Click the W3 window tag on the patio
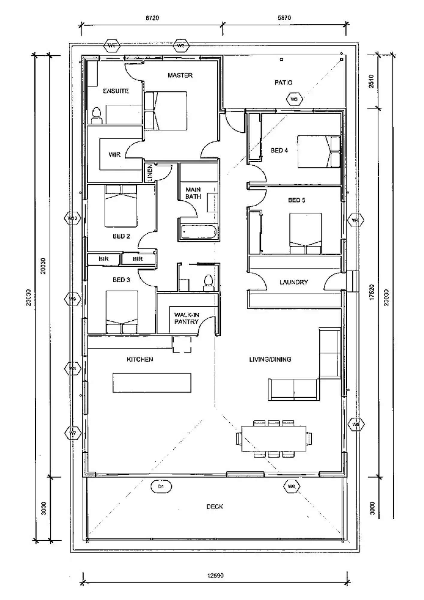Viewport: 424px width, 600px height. point(294,99)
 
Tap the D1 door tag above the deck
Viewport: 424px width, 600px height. point(161,486)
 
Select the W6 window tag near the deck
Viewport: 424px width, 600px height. point(291,486)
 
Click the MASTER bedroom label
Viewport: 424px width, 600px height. point(180,75)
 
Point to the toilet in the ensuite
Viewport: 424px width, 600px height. point(97,116)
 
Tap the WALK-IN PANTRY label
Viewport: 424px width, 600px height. point(187,318)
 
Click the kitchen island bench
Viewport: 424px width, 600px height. point(152,382)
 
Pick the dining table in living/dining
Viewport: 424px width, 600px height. point(274,439)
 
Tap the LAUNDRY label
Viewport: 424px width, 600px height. point(294,282)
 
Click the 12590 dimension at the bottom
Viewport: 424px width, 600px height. point(215,576)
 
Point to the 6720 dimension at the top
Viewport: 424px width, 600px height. point(152,18)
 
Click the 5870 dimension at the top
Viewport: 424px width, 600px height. point(284,18)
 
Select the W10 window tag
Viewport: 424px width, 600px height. point(73,218)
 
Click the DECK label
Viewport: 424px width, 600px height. point(215,507)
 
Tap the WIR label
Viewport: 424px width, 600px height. point(115,154)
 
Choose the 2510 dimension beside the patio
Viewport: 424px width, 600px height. point(371,81)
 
